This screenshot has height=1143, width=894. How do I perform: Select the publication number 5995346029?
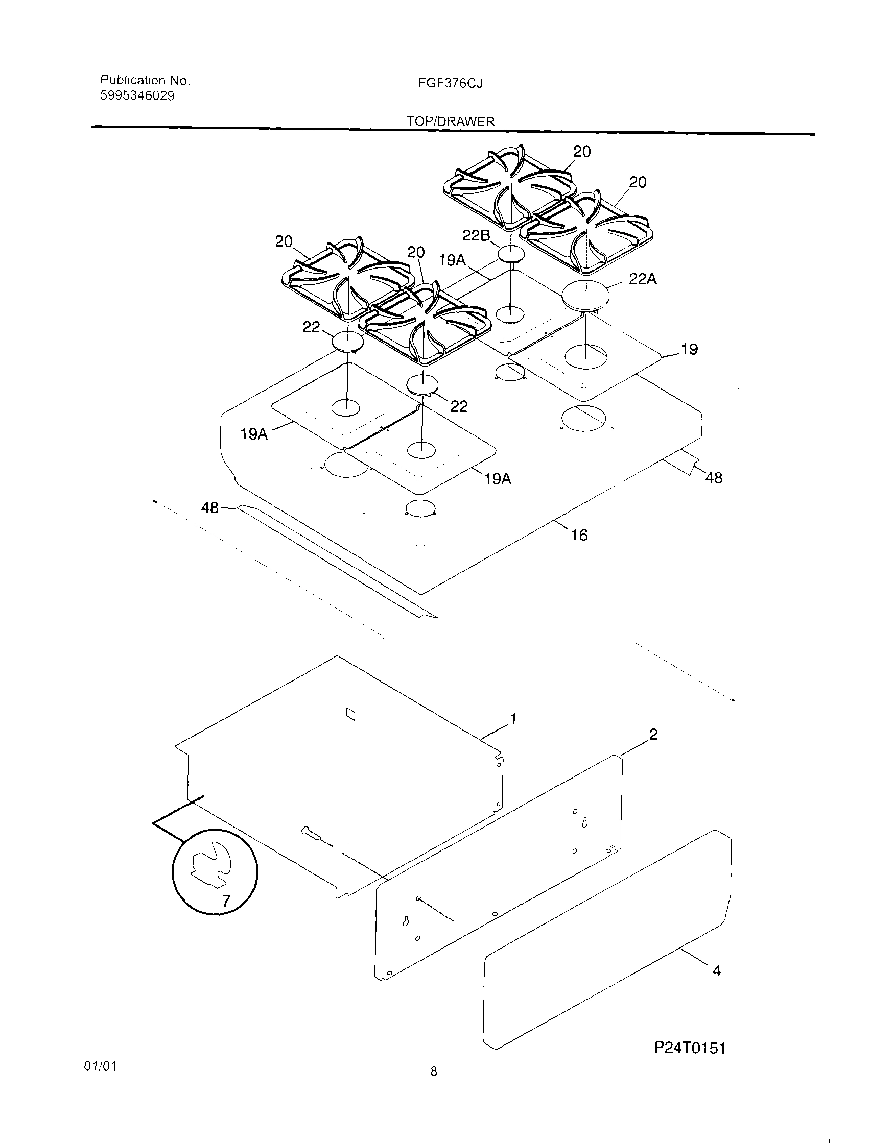coord(137,96)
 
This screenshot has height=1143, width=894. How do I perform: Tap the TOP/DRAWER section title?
coord(451,121)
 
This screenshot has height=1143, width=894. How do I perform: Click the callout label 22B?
coord(476,235)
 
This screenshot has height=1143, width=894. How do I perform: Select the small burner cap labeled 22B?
coord(510,254)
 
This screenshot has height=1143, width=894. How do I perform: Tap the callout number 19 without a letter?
coord(689,349)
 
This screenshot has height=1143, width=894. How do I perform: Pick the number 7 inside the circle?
coord(226,900)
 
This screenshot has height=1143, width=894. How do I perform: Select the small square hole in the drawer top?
coord(351,714)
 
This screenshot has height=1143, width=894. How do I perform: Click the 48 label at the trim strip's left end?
coord(209,507)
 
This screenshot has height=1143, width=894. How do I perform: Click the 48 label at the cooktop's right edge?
coord(714,477)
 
